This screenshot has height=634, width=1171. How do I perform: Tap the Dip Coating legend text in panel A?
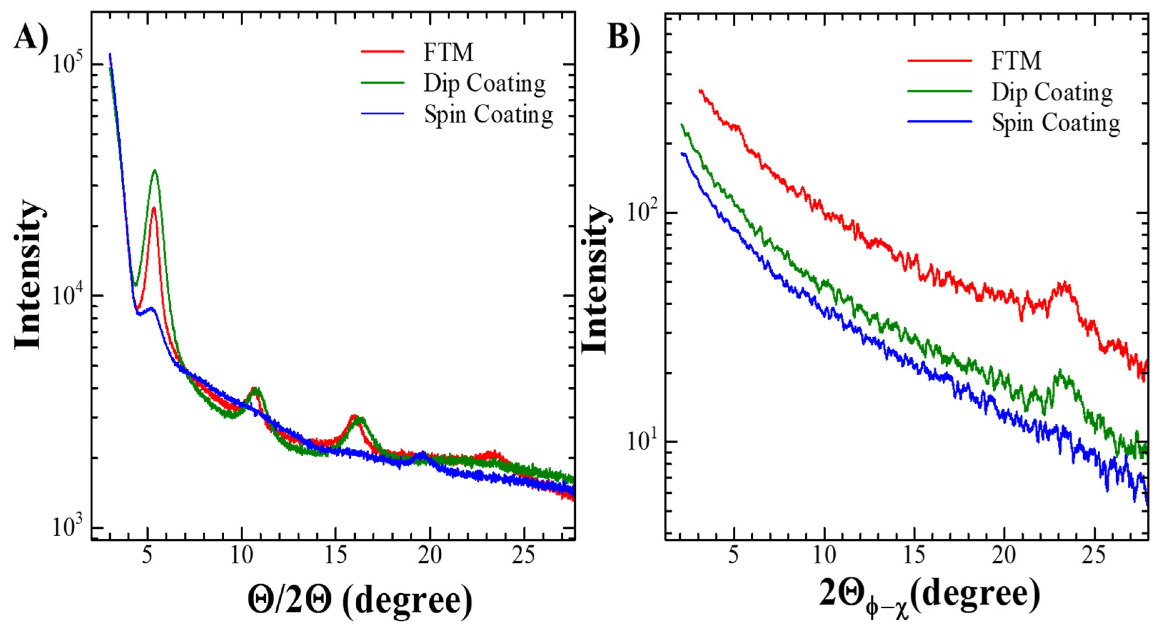(x=485, y=84)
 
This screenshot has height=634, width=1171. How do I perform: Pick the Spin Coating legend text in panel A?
(x=489, y=115)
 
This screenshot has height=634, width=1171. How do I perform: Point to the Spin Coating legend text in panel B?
(x=1056, y=123)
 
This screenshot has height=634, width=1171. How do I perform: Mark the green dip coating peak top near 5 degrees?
(x=155, y=171)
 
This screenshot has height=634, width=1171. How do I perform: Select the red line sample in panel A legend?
(x=382, y=52)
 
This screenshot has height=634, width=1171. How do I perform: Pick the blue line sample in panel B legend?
(x=940, y=122)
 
